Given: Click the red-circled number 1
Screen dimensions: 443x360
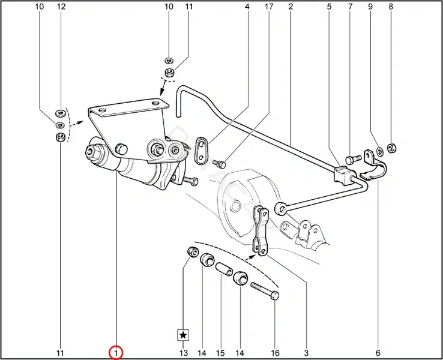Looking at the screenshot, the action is [116, 353].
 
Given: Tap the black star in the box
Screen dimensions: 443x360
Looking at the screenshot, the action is [183, 335].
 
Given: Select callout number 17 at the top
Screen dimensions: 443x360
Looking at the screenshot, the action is [269, 6].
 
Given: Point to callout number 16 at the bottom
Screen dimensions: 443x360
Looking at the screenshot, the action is [275, 353].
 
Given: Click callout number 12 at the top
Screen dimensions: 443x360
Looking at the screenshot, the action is [61, 6].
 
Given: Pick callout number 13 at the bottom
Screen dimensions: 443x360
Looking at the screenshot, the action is [183, 353].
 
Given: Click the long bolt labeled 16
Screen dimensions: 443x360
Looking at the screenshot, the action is [265, 291].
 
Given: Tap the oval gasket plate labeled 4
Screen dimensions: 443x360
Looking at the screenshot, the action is [202, 150].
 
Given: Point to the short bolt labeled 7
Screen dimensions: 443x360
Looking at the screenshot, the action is [353, 159].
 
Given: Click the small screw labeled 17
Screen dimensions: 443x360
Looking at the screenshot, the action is [219, 163].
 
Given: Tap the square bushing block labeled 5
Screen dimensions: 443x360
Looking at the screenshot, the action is [343, 175].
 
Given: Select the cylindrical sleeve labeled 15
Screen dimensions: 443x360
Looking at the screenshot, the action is [225, 269].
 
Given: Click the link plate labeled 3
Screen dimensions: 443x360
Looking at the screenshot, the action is [261, 231].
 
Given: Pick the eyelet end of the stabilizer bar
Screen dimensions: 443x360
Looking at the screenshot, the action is [280, 208].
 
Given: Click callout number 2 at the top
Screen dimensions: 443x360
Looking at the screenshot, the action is [291, 6].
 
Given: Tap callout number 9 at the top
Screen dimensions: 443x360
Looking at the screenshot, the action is [370, 6].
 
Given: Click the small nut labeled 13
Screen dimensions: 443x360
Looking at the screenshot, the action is [193, 251].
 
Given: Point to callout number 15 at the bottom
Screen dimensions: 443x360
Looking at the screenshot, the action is [220, 353].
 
